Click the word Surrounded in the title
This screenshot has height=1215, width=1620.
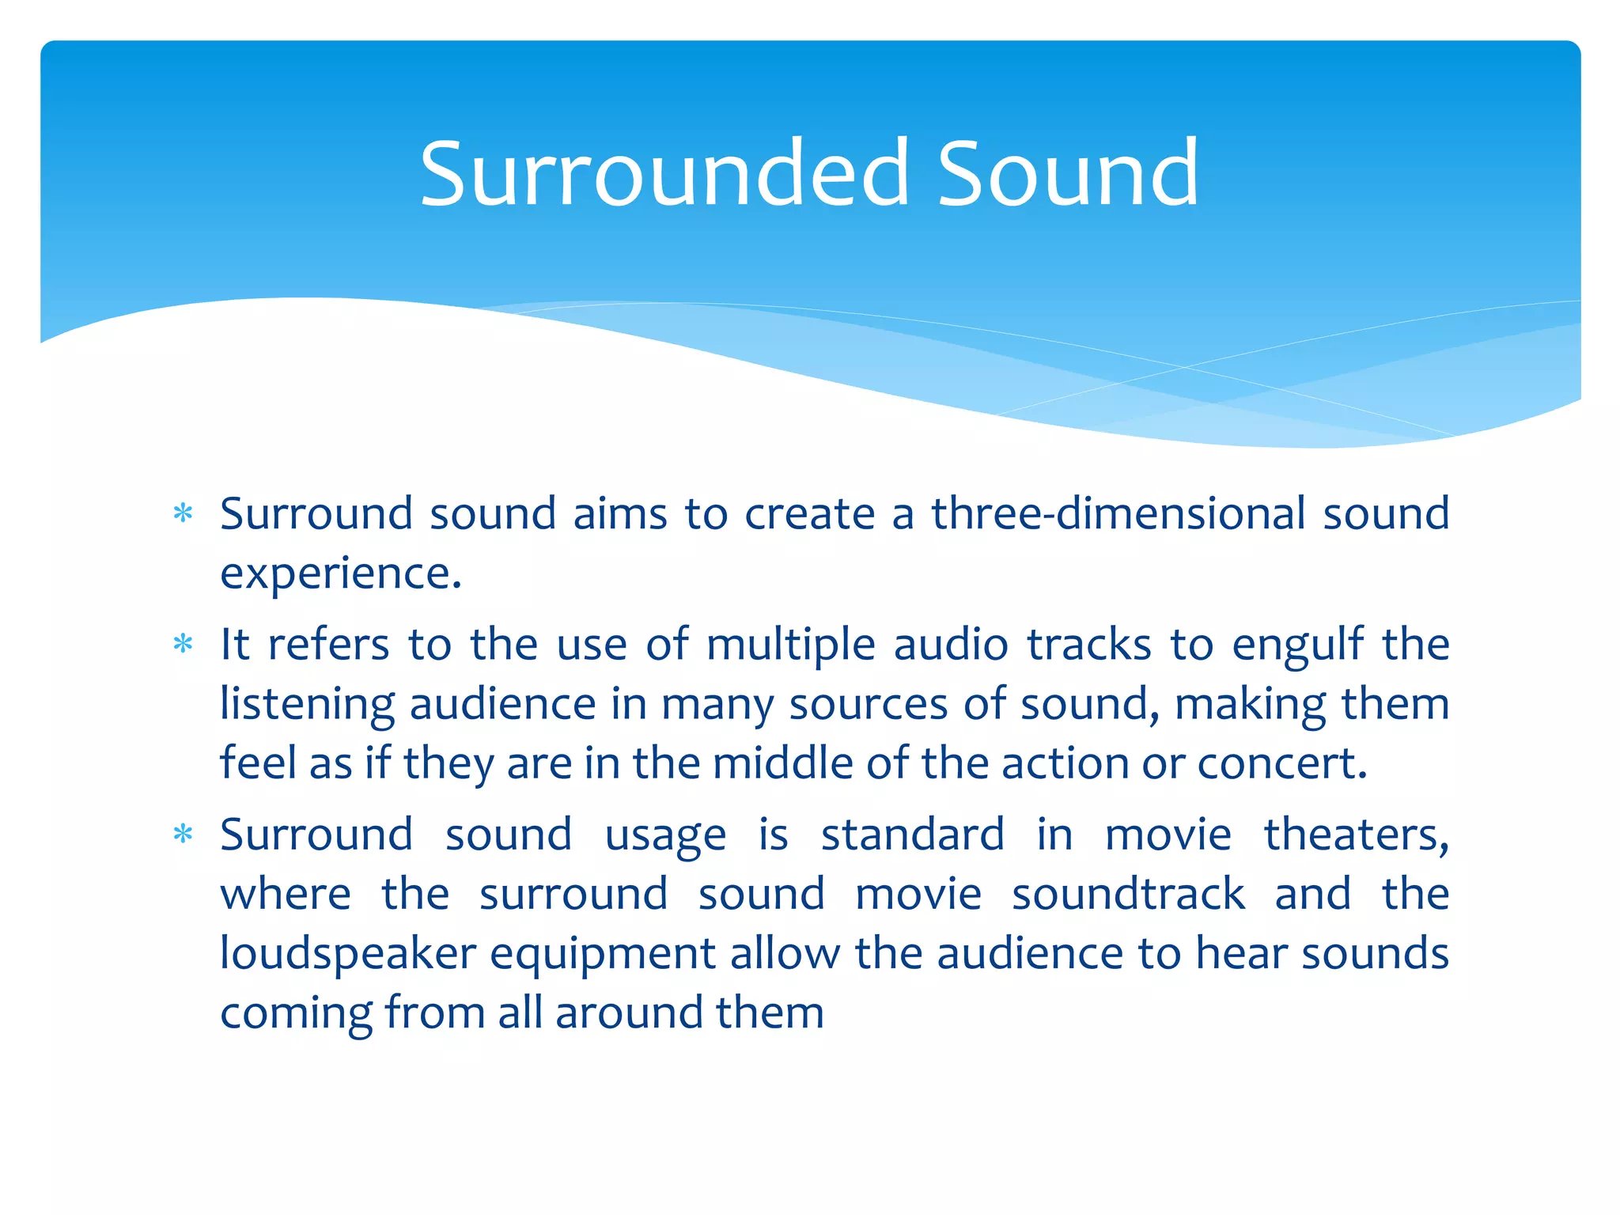pos(664,173)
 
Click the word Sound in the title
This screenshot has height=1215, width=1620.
pos(1067,173)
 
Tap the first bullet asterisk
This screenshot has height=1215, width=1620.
pos(183,514)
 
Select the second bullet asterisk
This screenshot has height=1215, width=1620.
pos(183,645)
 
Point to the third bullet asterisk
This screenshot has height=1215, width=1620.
pos(183,835)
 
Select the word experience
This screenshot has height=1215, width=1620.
pos(340,574)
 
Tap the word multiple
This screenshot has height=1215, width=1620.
pos(790,645)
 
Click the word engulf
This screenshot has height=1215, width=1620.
pos(1297,645)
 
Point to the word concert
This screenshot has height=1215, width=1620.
pos(1281,764)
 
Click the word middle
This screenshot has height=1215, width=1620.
pos(782,763)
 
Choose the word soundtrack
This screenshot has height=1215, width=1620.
pos(1128,895)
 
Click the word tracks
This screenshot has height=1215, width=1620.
pos(1089,645)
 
